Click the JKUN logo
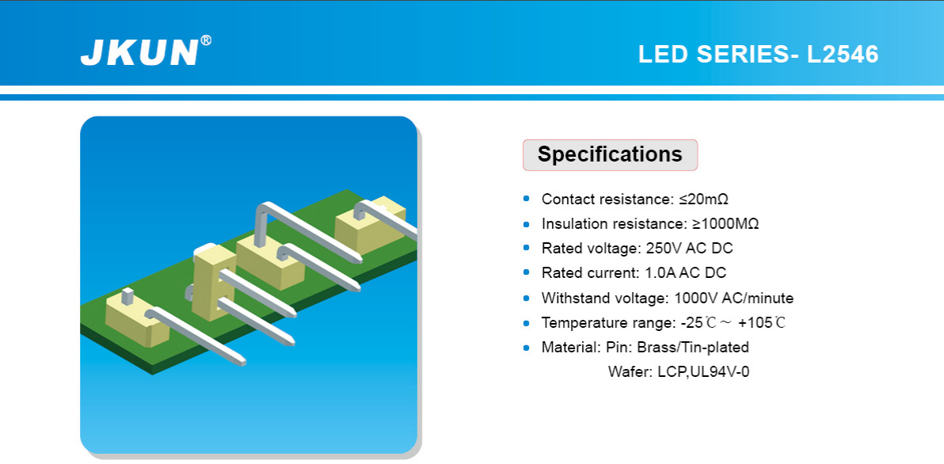(139, 52)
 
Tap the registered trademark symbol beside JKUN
(206, 40)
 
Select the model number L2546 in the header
(843, 55)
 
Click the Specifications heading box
(610, 154)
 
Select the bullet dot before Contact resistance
(527, 199)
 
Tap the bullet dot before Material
(527, 348)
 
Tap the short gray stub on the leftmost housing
(127, 295)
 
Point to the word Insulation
(574, 224)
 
